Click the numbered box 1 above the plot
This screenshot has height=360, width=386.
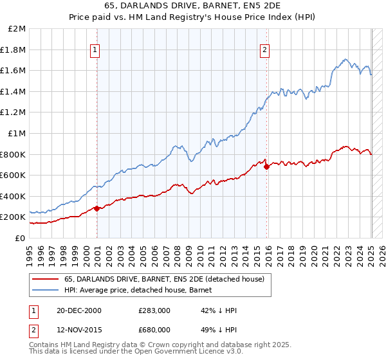[x=95, y=49]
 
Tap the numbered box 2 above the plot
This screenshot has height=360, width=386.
[x=265, y=49]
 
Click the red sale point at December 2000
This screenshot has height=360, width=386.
[x=97, y=208]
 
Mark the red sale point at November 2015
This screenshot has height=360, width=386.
[x=266, y=166]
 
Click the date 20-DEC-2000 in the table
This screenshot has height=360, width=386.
[x=79, y=310]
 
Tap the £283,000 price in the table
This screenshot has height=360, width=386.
[x=154, y=310]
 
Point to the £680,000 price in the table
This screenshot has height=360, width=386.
[x=154, y=330]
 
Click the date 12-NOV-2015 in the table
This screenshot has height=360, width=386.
[x=79, y=330]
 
